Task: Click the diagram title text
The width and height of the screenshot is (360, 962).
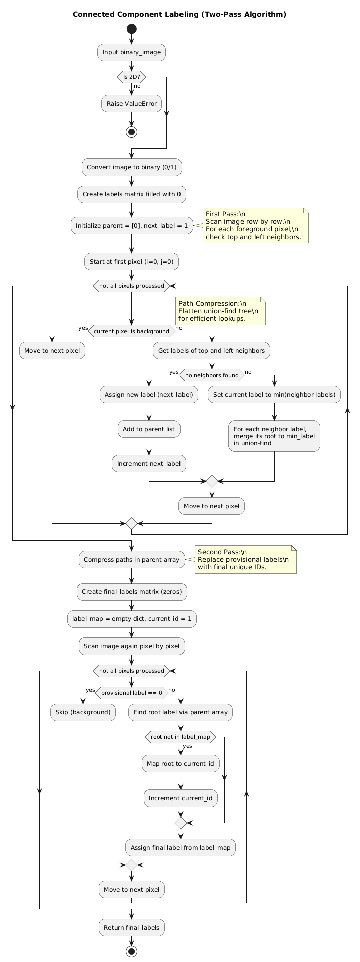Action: click(x=179, y=14)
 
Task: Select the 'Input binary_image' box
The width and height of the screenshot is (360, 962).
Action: click(x=131, y=52)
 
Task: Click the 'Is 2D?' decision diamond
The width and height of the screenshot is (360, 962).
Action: click(x=131, y=77)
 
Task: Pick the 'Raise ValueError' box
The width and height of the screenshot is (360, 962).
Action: click(x=131, y=104)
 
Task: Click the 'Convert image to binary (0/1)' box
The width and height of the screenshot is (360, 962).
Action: click(x=131, y=167)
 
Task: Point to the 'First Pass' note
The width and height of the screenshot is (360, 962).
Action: click(x=255, y=226)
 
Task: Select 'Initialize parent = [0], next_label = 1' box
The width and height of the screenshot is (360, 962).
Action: click(x=131, y=226)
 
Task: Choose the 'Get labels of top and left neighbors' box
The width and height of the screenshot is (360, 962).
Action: click(x=212, y=351)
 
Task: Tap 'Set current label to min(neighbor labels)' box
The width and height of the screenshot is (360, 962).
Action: click(x=274, y=395)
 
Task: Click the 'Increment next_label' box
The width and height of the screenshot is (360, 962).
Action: click(x=149, y=464)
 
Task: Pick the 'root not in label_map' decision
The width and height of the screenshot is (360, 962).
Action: click(x=180, y=737)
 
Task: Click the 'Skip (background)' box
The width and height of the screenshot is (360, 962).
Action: click(x=83, y=712)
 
